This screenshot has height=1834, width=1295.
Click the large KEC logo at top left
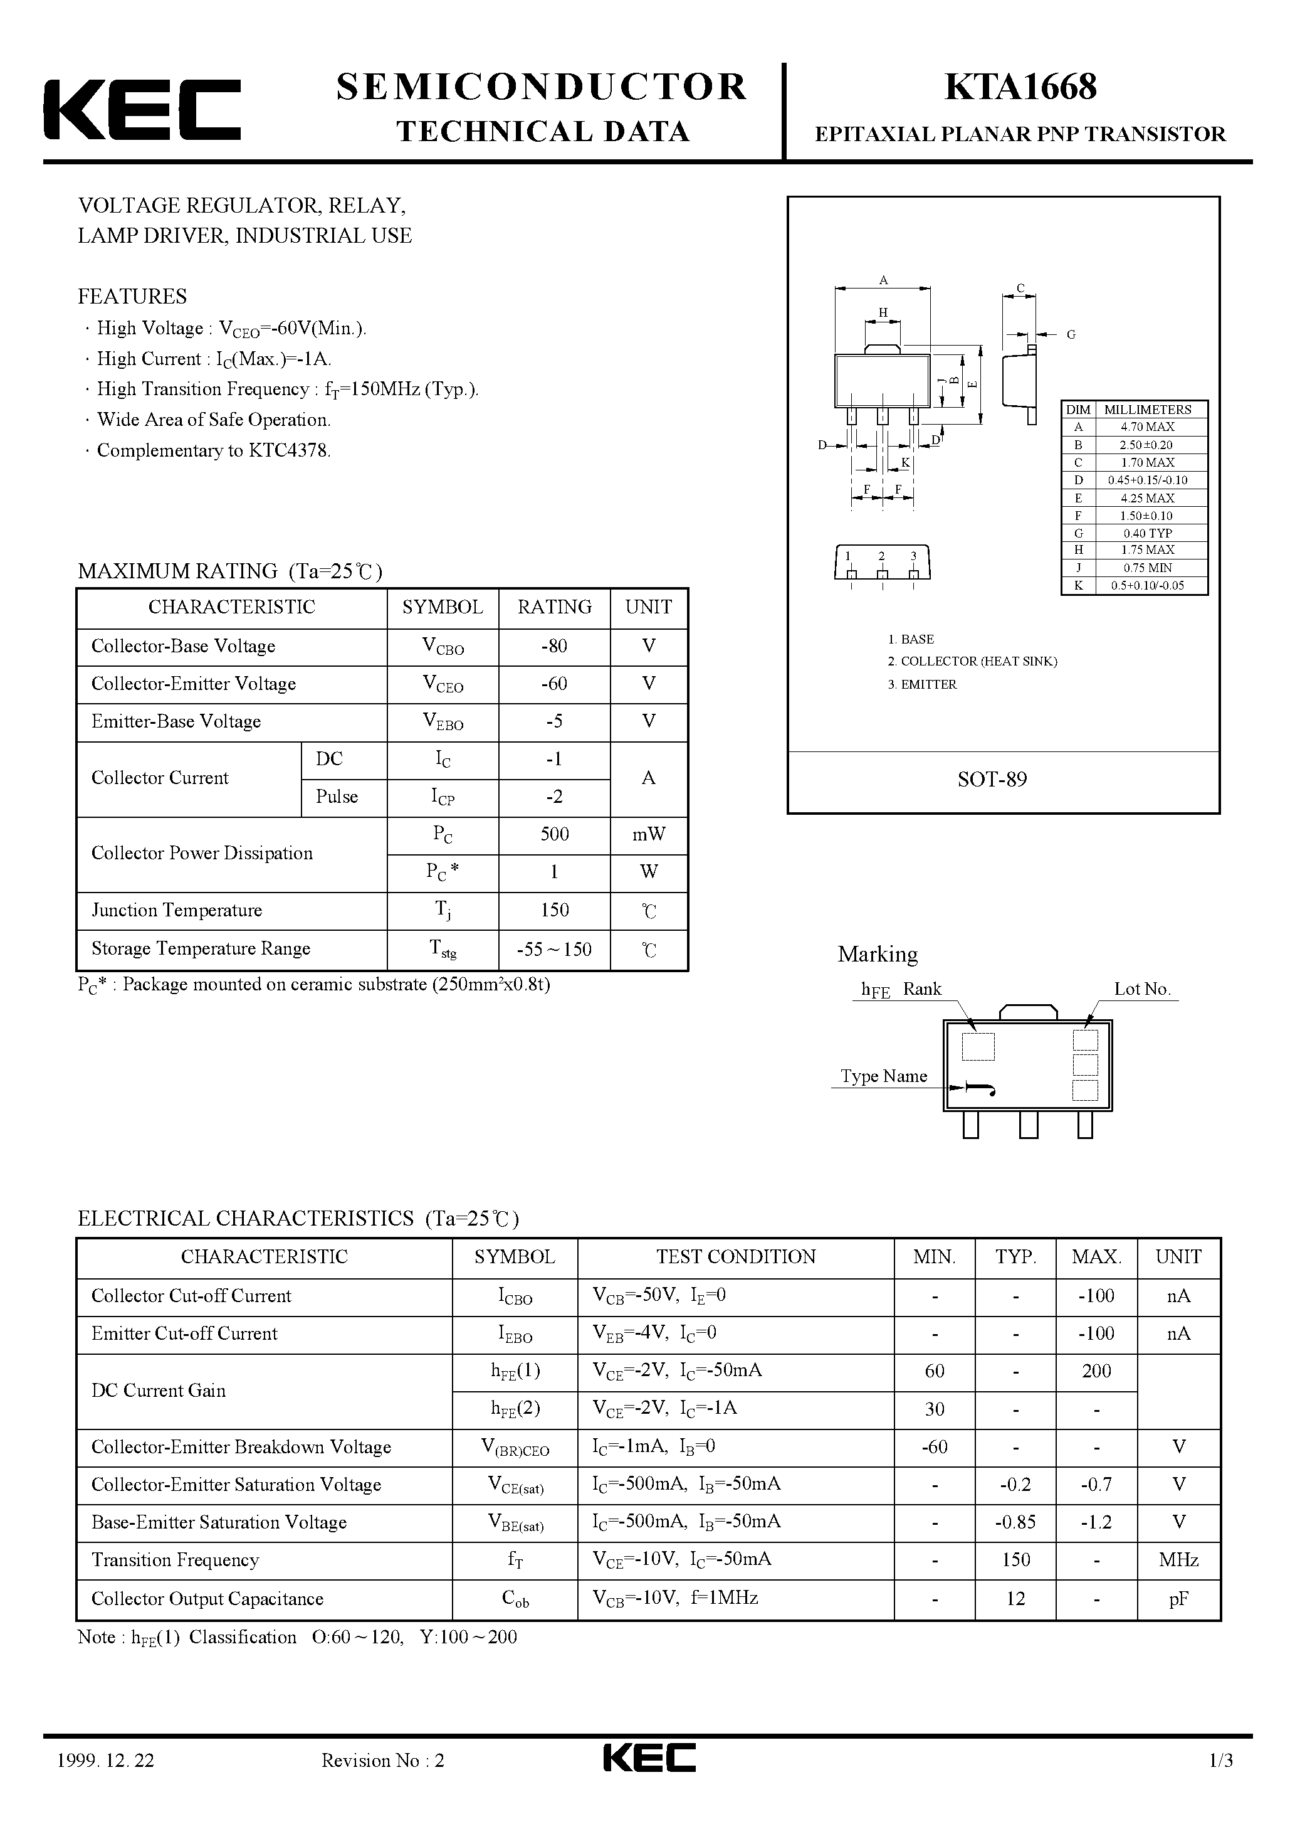(x=142, y=110)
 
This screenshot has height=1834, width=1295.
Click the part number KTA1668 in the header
(x=1020, y=87)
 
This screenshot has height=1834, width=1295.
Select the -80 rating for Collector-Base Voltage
(x=554, y=646)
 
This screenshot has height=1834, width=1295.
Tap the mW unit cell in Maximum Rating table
(x=648, y=835)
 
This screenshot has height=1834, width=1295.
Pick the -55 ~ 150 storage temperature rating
(x=554, y=950)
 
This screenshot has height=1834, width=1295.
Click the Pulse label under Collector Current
(x=337, y=797)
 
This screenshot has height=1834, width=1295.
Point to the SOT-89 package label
(x=992, y=780)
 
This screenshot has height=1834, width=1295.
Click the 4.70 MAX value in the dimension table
(x=1147, y=427)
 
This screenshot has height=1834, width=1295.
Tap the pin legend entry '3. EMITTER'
(x=922, y=684)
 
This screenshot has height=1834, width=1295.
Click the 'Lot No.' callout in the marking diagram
(x=1141, y=990)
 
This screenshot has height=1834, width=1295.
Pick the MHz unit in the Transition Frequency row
(x=1178, y=1560)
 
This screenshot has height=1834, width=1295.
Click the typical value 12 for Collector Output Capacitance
(x=1015, y=1598)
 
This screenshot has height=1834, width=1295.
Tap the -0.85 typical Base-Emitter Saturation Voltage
(x=1015, y=1522)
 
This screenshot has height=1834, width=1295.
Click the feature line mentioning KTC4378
(x=213, y=450)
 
